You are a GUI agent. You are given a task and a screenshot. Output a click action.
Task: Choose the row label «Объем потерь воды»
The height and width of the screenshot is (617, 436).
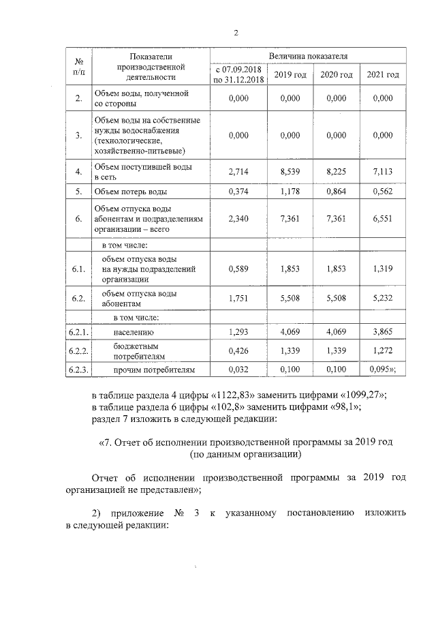coord(131,192)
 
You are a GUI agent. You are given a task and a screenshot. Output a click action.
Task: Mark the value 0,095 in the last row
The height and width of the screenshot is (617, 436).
coord(381,370)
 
